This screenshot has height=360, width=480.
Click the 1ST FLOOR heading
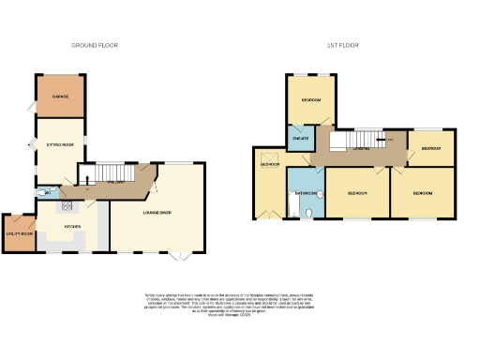(x=342, y=45)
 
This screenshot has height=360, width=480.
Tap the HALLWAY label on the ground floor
(x=114, y=182)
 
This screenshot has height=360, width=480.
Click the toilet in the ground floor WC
(x=44, y=193)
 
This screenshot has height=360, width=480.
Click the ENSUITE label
(x=300, y=140)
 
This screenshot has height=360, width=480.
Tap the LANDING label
(x=359, y=148)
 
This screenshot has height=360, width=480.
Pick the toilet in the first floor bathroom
(x=308, y=213)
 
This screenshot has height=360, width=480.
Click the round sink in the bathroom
(x=321, y=195)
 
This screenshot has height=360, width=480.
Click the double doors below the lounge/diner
(x=178, y=254)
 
